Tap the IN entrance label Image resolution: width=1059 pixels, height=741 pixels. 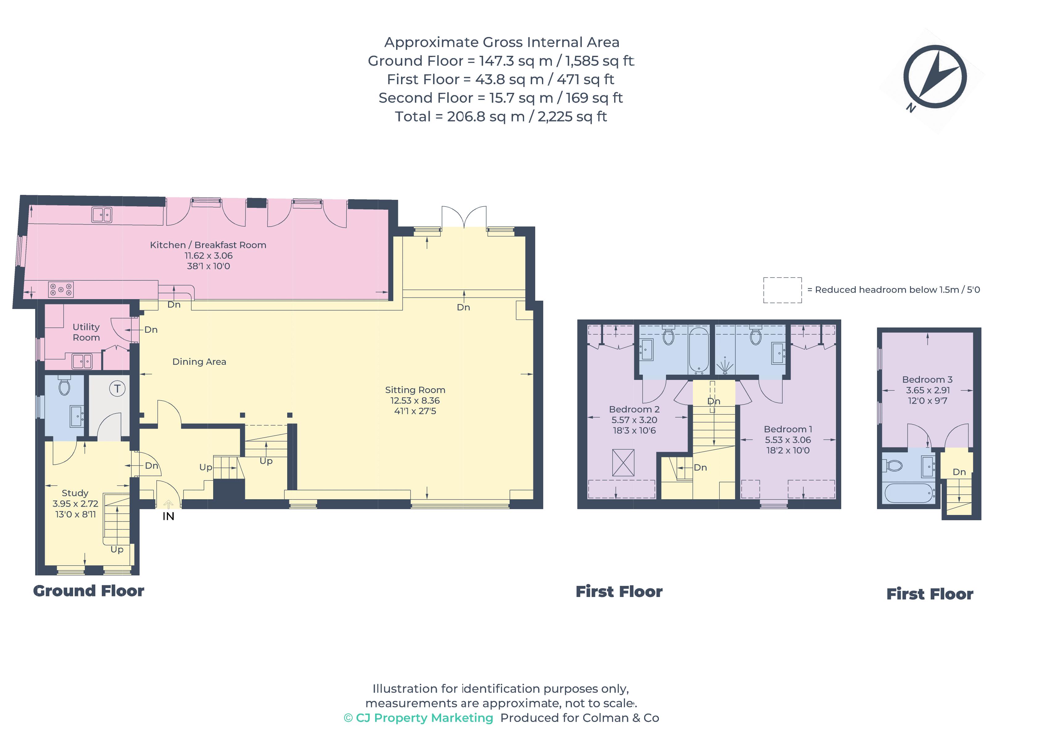[168, 517]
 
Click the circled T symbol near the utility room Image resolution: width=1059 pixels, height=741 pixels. [117, 389]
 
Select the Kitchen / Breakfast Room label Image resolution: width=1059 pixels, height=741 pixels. [208, 245]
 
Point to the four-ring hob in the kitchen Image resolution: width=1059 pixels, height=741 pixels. [61, 290]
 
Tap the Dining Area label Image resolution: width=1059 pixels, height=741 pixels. [199, 361]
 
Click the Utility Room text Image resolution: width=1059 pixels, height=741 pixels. [86, 332]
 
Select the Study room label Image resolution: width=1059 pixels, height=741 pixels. [75, 493]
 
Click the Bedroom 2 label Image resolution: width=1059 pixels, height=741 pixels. [634, 409]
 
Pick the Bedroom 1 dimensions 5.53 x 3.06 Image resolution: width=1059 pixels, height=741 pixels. [788, 440]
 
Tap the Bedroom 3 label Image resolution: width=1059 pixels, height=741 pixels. [927, 380]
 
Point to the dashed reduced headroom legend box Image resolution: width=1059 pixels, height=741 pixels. [782, 290]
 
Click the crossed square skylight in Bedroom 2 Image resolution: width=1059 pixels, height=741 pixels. [623, 463]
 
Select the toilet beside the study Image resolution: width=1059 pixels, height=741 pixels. [64, 386]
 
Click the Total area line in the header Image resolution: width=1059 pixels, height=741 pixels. [501, 117]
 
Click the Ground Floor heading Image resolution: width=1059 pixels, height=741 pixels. [89, 591]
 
